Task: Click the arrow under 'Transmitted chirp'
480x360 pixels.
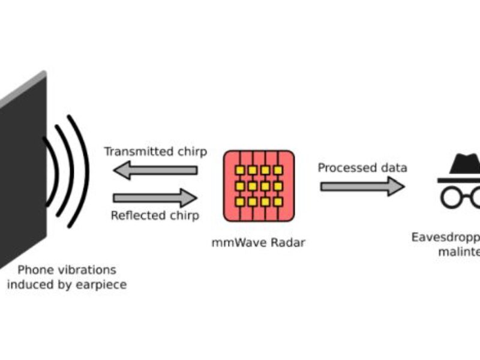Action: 155,170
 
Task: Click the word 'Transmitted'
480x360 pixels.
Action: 133,152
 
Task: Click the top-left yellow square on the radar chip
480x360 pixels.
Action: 239,170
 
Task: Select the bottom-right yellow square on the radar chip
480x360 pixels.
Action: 278,202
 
